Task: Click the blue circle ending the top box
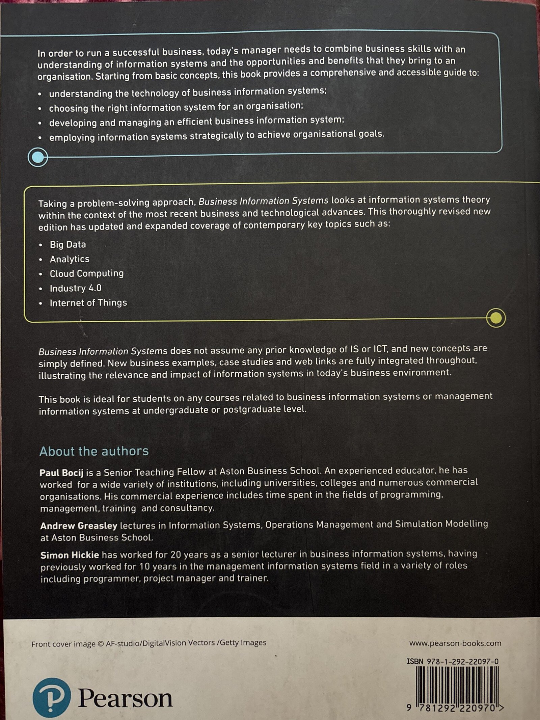(x=38, y=157)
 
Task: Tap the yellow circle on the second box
(x=495, y=318)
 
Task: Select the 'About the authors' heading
(x=94, y=451)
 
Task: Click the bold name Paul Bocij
(x=61, y=473)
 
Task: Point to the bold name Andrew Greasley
(x=79, y=526)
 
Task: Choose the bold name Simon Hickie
(x=70, y=555)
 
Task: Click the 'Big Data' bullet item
(x=68, y=244)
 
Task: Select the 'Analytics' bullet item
(x=70, y=259)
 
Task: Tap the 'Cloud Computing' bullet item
(x=87, y=273)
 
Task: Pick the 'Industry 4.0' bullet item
(x=76, y=288)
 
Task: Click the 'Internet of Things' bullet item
(x=88, y=303)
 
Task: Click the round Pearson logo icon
(x=52, y=698)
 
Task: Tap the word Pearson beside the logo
(x=125, y=698)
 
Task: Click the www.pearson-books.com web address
(x=455, y=643)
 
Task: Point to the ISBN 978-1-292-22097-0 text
(x=452, y=662)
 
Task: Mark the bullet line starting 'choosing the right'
(x=176, y=108)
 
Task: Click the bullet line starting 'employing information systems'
(x=216, y=136)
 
